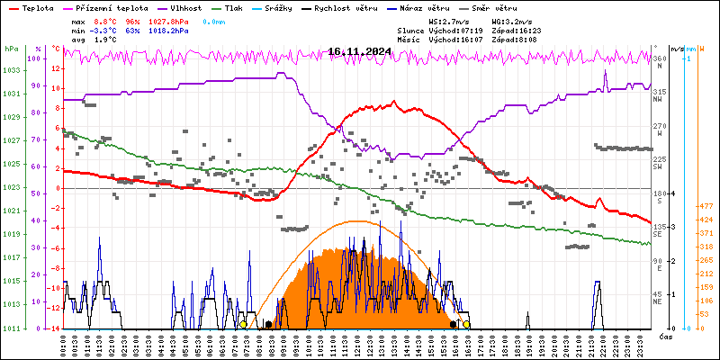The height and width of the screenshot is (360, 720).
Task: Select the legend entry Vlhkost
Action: click(x=185, y=7)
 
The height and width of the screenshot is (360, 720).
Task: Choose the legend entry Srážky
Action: click(x=282, y=7)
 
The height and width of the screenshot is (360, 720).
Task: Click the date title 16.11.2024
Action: click(x=359, y=51)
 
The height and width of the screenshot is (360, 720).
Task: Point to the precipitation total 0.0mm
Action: click(x=213, y=20)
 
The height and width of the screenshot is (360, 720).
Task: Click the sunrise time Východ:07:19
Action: click(x=457, y=30)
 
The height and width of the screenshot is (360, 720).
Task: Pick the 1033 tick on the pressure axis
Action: click(x=11, y=70)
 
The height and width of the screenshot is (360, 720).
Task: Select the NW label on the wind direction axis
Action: click(x=658, y=100)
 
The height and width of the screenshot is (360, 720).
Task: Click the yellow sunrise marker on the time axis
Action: click(x=243, y=324)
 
